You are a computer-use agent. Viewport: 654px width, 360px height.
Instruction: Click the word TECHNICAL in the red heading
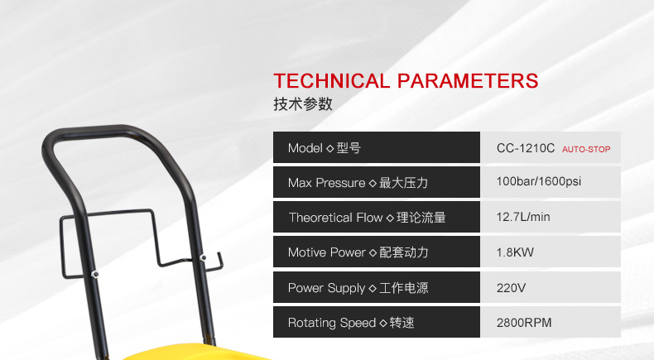click(x=332, y=81)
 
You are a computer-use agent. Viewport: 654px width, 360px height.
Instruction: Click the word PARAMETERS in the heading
click(x=468, y=81)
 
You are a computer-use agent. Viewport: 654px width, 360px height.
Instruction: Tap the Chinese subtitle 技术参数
click(x=303, y=104)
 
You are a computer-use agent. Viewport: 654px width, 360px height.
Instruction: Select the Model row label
click(x=324, y=148)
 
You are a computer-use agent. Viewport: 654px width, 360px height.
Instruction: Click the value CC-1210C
click(x=526, y=148)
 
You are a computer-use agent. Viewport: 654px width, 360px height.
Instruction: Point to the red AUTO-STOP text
click(x=586, y=149)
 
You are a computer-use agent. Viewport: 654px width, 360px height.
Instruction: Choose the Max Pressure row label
click(x=358, y=183)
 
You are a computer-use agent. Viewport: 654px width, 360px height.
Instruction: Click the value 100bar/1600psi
click(x=538, y=181)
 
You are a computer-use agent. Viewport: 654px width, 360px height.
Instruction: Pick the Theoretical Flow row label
click(x=367, y=218)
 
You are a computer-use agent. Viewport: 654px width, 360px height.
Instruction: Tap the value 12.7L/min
click(x=523, y=217)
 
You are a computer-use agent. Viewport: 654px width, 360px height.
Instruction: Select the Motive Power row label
click(x=358, y=252)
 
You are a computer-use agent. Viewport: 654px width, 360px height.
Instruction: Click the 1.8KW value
click(x=515, y=252)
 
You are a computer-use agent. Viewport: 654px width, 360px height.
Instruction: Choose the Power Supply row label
click(x=358, y=288)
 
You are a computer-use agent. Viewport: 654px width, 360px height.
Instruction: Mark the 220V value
click(x=511, y=288)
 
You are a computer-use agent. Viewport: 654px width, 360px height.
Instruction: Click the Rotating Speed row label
click(x=351, y=323)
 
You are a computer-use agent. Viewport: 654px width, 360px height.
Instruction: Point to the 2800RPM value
click(x=524, y=323)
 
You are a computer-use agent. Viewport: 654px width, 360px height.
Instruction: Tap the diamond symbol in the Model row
click(x=329, y=148)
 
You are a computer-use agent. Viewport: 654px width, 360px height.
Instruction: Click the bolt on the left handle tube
click(x=94, y=274)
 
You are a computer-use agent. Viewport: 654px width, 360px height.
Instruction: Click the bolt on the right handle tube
click(x=203, y=258)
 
